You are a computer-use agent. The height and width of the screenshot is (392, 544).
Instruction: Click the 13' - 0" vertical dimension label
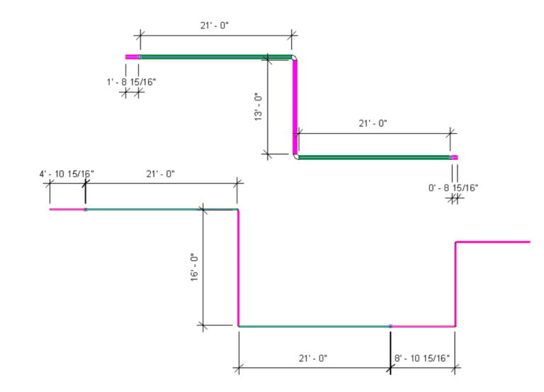[259, 107]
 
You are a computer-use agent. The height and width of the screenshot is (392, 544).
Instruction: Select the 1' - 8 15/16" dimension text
[131, 81]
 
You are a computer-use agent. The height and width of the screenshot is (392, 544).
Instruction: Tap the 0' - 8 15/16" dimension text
[453, 188]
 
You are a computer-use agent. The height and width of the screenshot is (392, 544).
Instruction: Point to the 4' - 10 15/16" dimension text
[66, 173]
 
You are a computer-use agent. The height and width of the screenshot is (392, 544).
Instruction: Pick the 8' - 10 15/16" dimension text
[422, 358]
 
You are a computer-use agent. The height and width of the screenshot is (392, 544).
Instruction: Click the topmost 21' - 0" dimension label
[214, 25]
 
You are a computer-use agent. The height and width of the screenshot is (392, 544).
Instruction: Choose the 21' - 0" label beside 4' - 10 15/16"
[160, 173]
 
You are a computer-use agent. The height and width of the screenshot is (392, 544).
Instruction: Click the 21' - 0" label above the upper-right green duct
[373, 123]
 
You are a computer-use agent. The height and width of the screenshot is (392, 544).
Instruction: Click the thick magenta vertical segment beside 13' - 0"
[295, 106]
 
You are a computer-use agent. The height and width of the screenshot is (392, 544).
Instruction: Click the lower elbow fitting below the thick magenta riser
[296, 156]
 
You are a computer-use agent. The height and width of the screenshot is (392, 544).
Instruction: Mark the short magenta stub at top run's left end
[131, 57]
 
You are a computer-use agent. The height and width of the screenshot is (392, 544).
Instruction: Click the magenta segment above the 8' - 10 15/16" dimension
[422, 326]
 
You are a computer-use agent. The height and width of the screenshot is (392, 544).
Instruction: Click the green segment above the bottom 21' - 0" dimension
[314, 326]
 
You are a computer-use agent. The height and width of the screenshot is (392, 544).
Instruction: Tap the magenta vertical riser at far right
[455, 283]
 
